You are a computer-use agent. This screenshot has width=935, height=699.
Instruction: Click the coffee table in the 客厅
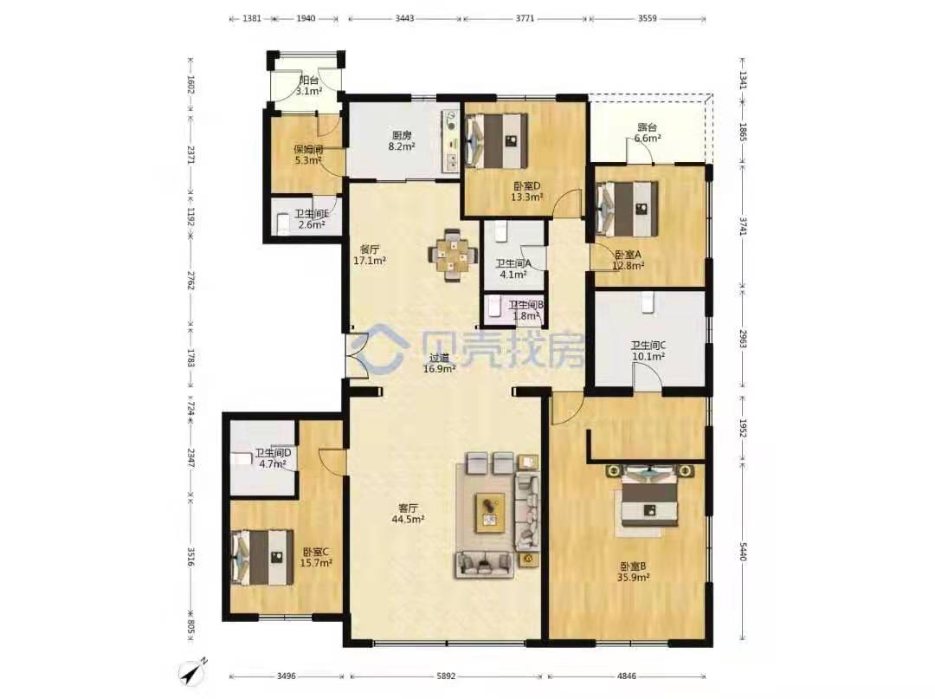pos(490,512)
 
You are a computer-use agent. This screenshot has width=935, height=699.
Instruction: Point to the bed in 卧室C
pos(262,557)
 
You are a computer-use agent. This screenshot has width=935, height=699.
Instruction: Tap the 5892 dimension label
pos(446,676)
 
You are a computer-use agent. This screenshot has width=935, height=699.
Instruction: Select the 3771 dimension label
pos(525,18)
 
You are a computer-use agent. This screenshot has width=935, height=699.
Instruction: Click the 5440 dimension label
pos(743,551)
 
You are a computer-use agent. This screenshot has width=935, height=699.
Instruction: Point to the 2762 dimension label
pos(190,281)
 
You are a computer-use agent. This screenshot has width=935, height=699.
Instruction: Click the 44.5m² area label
pos(408,520)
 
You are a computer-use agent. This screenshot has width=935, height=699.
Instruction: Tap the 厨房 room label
pos(402,135)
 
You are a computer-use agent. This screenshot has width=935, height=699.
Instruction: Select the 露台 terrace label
pos(647,127)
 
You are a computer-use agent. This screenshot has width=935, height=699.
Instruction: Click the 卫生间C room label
pos(648,346)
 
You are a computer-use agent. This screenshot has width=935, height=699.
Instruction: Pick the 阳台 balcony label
pos(309,81)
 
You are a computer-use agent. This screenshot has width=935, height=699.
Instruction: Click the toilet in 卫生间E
pos(283,224)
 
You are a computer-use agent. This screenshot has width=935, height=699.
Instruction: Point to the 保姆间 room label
pos(308,150)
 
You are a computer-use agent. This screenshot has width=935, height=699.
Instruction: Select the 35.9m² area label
pos(633,578)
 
